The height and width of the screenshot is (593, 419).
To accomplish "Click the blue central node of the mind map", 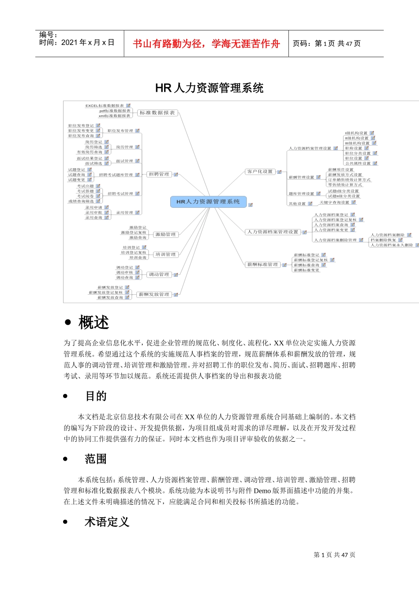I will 208,202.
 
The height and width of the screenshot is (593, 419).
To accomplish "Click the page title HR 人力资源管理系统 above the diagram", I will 209,88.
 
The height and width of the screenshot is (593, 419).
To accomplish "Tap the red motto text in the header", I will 206,44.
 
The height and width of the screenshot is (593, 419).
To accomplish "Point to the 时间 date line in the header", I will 77,42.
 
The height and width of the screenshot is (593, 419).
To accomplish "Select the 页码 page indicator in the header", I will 327,44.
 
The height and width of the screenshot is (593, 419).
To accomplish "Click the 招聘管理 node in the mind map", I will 159,174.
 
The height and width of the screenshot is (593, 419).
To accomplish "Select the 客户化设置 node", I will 260,172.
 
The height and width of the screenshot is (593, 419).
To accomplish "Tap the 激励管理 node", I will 165,234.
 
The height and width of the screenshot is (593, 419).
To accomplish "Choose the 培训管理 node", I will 165,254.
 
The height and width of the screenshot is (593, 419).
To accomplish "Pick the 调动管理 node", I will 159,274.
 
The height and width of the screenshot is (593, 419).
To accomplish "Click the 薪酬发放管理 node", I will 154,294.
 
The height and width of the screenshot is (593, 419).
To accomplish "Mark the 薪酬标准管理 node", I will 262,265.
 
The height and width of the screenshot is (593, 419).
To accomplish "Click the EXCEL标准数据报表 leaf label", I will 105,106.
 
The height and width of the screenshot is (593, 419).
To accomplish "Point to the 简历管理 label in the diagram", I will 124,147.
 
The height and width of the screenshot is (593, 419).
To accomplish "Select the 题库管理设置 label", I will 302,194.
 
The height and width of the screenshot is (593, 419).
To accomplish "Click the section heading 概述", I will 94,323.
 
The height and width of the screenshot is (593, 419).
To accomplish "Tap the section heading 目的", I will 96,396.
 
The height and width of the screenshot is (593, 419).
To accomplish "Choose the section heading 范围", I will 96,459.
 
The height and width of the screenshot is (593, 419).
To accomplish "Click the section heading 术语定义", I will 107,522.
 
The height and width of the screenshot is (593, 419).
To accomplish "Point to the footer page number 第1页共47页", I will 334,555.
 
